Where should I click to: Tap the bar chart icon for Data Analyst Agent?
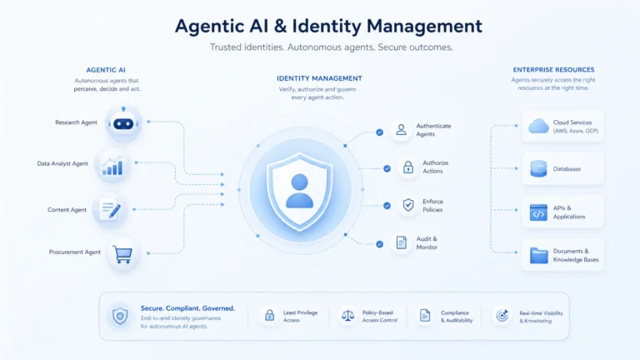pos(112,166)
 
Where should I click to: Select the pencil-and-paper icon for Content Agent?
pos(111,209)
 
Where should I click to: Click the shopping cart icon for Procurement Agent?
pos(122,255)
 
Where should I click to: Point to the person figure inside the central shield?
pos(300,191)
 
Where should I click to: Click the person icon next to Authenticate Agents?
pos(401,130)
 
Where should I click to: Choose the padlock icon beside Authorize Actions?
pos(408,167)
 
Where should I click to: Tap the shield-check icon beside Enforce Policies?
pos(408,205)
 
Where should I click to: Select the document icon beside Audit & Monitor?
pos(401,242)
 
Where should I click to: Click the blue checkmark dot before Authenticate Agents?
pos(380,132)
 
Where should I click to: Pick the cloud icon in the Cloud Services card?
pos(538,126)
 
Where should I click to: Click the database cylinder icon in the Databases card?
pos(538,168)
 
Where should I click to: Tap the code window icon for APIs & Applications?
pos(538,212)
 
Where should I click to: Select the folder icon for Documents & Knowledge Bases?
pos(539,256)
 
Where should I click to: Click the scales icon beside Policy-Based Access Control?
pos(347,316)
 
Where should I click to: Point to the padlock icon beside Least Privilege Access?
pos(269,315)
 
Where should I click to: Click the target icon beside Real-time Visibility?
pos(502,316)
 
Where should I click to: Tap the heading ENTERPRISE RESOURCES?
pos(553,70)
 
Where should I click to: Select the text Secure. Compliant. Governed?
pos(187,308)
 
